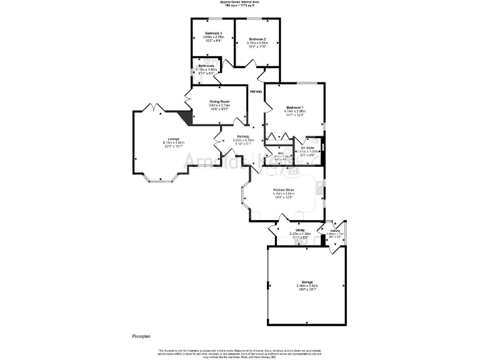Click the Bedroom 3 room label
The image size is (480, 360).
(x=212, y=33)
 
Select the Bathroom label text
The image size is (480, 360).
(x=206, y=66)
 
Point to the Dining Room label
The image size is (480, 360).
(x=219, y=101)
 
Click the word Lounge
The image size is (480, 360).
(x=173, y=139)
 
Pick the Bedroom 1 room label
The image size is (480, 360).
(x=294, y=107)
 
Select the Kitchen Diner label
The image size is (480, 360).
(x=283, y=189)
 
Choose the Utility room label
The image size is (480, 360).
(x=300, y=231)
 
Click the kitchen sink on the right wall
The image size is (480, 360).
(x=319, y=185)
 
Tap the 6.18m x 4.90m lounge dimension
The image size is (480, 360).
(x=173, y=143)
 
